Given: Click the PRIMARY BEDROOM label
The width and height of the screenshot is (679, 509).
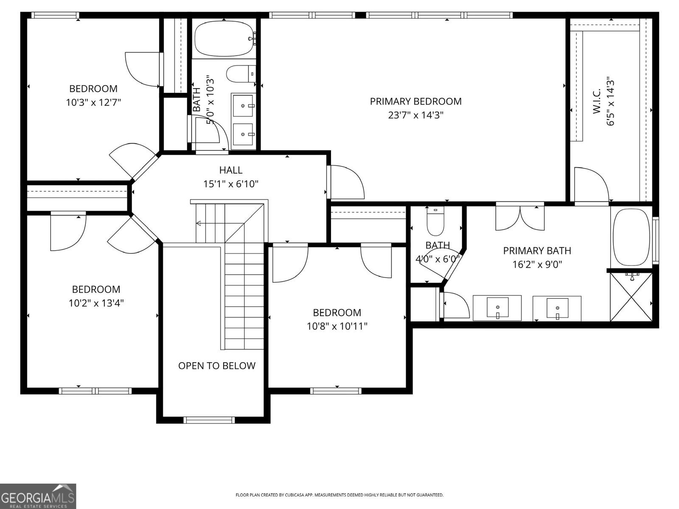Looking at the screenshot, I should [415, 101].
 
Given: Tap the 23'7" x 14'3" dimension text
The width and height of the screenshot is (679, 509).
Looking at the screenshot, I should [415, 115].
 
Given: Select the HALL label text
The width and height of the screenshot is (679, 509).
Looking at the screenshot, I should [231, 170].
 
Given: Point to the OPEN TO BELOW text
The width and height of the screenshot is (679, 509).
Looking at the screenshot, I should [216, 366].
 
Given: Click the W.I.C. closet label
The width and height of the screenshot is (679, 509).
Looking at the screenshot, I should [596, 101].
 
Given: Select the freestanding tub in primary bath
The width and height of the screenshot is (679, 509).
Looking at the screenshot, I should [631, 237].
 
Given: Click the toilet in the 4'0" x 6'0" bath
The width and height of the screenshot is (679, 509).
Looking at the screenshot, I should [435, 221].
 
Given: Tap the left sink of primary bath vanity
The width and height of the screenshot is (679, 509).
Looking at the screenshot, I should [497, 308].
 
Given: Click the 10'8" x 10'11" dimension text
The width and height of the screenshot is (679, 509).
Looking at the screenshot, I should [337, 326].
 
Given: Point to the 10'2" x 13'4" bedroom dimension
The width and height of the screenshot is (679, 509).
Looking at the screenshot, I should [96, 303].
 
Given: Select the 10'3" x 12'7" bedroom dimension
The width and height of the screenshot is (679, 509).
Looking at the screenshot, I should [93, 102].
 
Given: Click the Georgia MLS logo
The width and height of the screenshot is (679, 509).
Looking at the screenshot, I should [38, 496].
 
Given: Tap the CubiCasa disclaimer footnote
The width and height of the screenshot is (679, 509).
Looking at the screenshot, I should [339, 495].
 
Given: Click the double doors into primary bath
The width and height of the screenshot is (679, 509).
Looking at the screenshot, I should [520, 218].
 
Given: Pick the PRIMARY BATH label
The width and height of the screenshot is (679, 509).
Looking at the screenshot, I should [537, 251].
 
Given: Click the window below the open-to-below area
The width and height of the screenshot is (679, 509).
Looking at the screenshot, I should [209, 420].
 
